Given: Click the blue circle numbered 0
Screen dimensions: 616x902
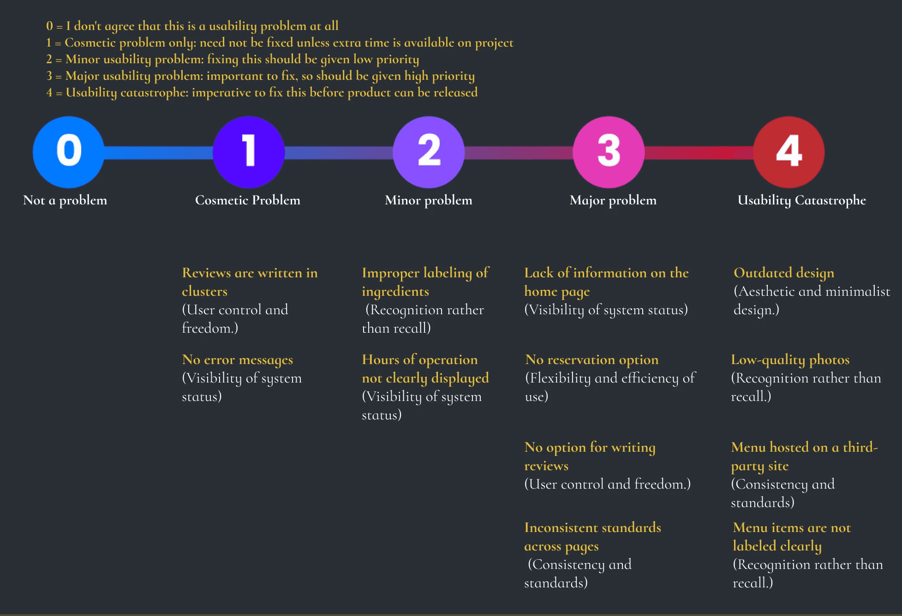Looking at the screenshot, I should coord(69,152).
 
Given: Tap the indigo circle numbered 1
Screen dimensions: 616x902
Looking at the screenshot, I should coord(249,152).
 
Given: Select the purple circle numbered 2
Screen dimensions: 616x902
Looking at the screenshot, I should coord(429,152).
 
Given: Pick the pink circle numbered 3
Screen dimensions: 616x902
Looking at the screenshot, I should coord(609,152).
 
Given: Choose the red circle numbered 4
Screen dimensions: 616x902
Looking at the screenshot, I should coord(789,152).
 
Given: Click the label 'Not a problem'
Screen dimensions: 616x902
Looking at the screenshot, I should coord(65,200).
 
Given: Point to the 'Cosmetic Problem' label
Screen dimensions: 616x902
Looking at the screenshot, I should coord(248,200).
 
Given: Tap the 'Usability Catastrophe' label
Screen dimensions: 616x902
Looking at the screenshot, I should coord(801,200).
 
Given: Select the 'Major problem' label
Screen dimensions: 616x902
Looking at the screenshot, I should coord(613,200).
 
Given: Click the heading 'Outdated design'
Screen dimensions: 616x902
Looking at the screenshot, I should coord(784,273).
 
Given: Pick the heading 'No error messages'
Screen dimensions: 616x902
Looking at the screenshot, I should coord(238,359).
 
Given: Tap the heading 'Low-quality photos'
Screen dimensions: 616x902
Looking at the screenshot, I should coord(790,359).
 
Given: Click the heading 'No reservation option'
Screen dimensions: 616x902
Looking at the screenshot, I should coord(592,359).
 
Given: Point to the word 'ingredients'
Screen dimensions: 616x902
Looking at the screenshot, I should coord(395,292).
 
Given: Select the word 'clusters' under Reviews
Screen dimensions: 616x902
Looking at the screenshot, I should coord(204,292).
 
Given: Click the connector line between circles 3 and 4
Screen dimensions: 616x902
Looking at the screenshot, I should coord(699,152).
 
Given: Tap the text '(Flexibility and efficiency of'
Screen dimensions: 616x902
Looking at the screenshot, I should coord(610,378).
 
